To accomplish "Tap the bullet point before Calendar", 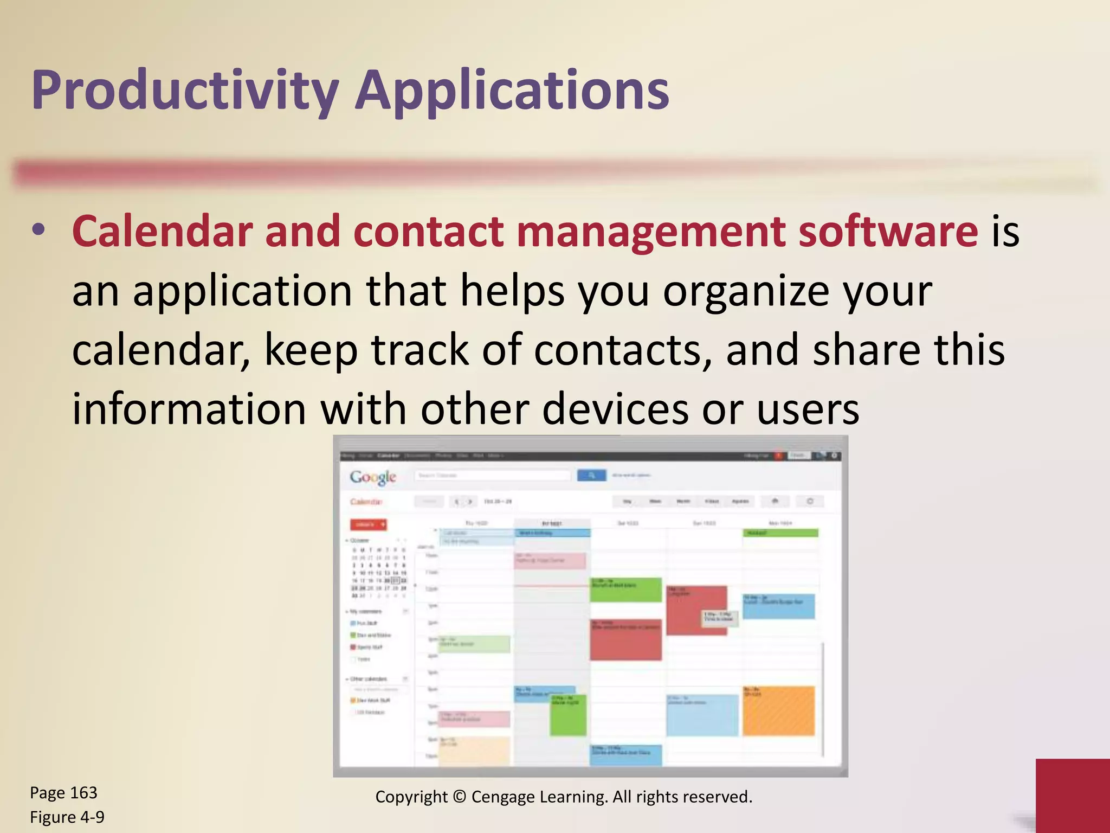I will click(x=38, y=229).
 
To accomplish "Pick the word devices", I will click(x=615, y=409).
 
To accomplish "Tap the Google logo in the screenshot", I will click(x=373, y=477).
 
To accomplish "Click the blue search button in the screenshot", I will click(x=591, y=476).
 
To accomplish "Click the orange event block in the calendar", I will click(x=778, y=710).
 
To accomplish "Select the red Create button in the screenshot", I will click(x=368, y=524).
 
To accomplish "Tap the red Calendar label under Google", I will click(x=366, y=502).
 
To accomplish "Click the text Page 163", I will click(x=63, y=793).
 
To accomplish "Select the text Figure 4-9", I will click(x=67, y=817).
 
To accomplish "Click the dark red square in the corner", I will click(x=1072, y=795).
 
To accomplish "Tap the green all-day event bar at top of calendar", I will click(x=780, y=533).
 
